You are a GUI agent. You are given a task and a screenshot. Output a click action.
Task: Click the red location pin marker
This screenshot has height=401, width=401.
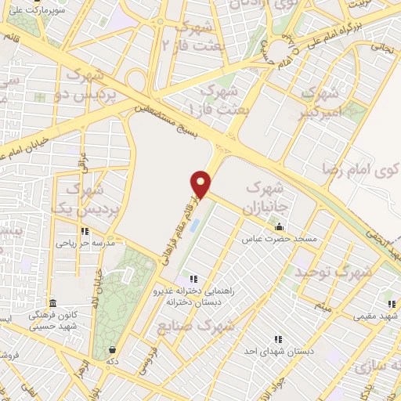(x=202, y=182)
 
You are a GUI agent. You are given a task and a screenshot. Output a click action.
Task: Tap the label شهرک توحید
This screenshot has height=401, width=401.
(x=331, y=272)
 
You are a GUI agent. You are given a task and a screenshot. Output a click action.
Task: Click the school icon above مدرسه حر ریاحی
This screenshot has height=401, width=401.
(x=85, y=232)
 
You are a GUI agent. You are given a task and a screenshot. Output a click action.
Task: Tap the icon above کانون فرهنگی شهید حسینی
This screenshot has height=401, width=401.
(x=52, y=303)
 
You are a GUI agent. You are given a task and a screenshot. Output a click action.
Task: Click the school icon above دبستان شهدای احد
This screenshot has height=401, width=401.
(x=278, y=340)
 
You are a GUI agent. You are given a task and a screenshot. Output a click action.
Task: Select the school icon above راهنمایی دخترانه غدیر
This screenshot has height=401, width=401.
(x=193, y=278)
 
